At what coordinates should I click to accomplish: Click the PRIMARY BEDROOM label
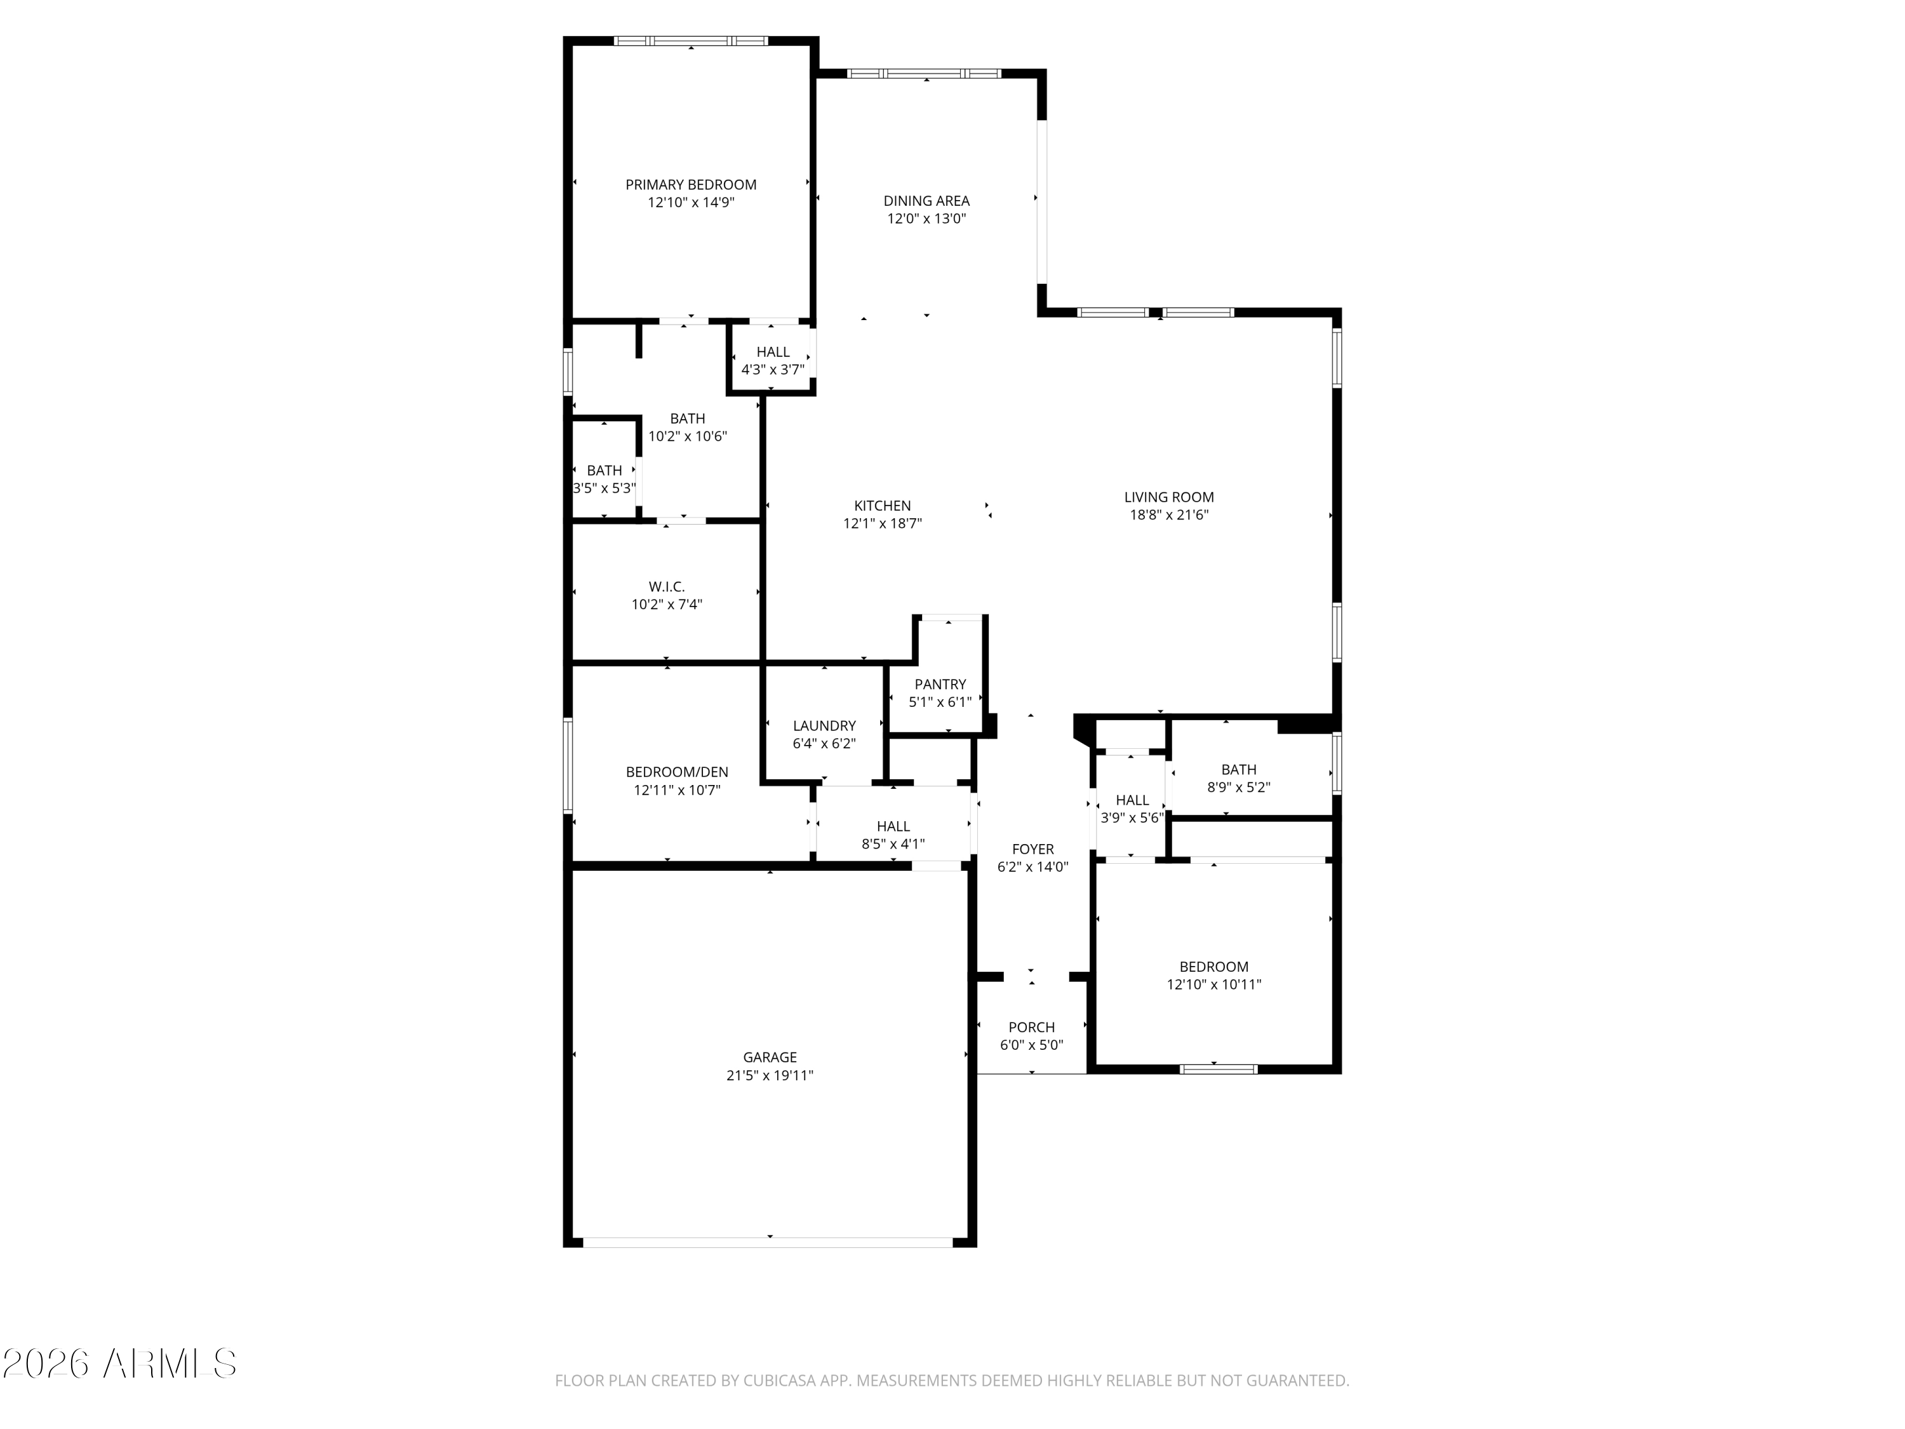pyautogui.click(x=691, y=184)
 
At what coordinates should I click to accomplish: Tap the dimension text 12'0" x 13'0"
pyautogui.click(x=926, y=218)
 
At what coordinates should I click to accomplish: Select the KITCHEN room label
pyautogui.click(x=882, y=506)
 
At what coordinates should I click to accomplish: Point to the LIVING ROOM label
pyautogui.click(x=1168, y=497)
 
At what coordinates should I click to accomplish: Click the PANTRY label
pyautogui.click(x=940, y=684)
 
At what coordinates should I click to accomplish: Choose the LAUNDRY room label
pyautogui.click(x=824, y=726)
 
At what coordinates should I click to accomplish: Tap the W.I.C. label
pyautogui.click(x=667, y=587)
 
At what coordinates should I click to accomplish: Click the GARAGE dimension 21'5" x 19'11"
pyautogui.click(x=770, y=1075)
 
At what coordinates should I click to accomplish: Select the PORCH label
pyautogui.click(x=1032, y=1027)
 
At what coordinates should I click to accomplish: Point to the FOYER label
pyautogui.click(x=1033, y=849)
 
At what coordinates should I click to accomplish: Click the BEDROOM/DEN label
pyautogui.click(x=677, y=772)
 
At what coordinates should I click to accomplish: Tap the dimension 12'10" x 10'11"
pyautogui.click(x=1214, y=984)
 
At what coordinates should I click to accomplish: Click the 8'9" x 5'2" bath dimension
pyautogui.click(x=1238, y=788)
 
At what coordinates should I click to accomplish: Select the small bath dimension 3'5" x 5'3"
pyautogui.click(x=605, y=488)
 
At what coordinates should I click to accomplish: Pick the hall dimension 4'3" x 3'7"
pyautogui.click(x=773, y=370)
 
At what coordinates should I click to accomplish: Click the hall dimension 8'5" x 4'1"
pyautogui.click(x=893, y=844)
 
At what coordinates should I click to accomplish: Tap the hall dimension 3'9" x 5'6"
pyautogui.click(x=1132, y=818)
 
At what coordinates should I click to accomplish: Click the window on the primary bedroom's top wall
pyautogui.click(x=691, y=41)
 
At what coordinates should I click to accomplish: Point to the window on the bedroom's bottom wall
pyautogui.click(x=1218, y=1069)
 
